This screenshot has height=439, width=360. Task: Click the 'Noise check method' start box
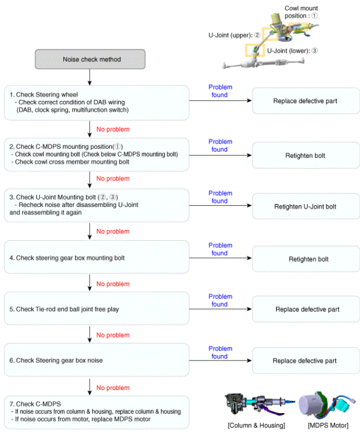[90, 59]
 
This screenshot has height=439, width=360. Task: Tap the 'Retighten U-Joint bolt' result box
[305, 206]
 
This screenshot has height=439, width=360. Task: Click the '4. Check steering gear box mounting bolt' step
[97, 258]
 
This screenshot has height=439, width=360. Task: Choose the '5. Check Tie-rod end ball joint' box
[97, 310]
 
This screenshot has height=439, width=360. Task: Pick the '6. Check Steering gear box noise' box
[97, 361]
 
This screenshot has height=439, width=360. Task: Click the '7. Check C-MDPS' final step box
[97, 412]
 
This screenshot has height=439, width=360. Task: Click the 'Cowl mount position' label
[301, 12]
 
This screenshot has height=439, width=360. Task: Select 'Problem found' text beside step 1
[220, 91]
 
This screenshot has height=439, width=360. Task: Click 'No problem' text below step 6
[113, 387]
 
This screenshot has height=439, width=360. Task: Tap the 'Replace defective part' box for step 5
[306, 310]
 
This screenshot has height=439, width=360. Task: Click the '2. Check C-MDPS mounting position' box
[97, 154]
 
